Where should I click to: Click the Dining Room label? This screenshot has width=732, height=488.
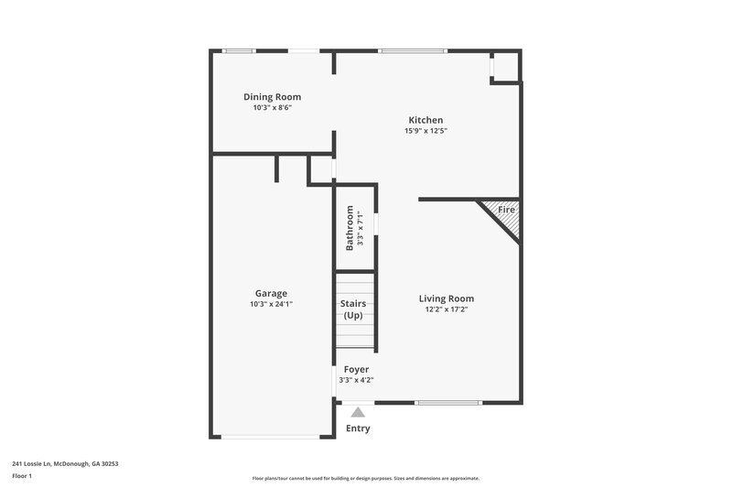272,97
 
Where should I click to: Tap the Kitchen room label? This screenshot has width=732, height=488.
425,120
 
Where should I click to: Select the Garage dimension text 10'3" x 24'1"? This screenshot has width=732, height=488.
271,304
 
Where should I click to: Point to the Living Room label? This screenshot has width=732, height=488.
447,298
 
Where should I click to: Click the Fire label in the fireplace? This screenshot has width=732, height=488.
506,211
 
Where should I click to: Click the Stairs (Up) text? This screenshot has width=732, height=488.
353,309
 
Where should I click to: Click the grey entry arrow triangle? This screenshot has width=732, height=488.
358,412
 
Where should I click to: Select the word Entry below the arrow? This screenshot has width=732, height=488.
358,428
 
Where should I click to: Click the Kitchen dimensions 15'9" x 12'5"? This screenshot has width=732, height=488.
425,131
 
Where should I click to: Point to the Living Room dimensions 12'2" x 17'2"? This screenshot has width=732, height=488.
447,309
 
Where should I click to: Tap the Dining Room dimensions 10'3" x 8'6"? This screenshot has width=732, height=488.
272,108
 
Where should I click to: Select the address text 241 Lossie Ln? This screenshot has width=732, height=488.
65,463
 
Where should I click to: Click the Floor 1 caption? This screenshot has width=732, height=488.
23,476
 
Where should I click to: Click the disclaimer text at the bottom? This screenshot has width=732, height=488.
365,478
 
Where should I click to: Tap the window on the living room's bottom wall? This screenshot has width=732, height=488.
447,403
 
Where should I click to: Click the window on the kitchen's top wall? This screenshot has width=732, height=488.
413,50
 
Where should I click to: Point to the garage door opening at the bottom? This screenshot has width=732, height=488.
271,437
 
